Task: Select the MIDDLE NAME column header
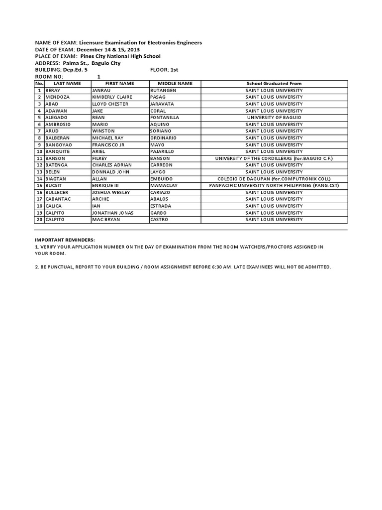coord(175,83)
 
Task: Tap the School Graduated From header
coord(274,83)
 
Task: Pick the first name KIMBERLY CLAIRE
coord(110,97)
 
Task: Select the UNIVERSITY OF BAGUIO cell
coord(274,117)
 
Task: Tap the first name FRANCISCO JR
coord(108,144)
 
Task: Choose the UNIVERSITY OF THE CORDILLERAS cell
coord(274,158)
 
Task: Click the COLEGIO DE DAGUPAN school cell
coord(274,178)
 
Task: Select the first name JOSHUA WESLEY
coord(110,192)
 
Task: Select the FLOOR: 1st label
coord(163,70)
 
